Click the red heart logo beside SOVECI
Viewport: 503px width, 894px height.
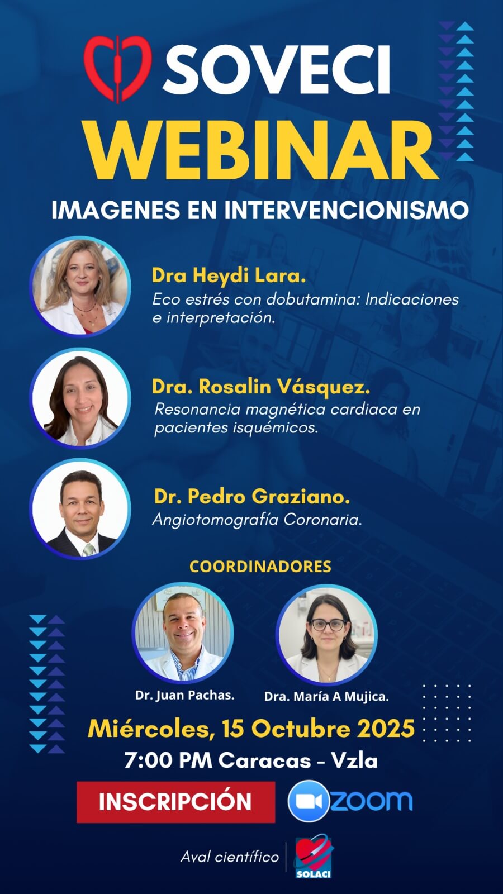(x=118, y=69)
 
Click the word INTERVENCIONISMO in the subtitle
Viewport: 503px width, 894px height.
(x=346, y=210)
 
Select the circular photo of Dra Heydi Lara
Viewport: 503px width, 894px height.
(x=80, y=287)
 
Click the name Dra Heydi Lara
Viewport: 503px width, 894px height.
(x=229, y=276)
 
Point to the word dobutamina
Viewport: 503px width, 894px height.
(x=312, y=299)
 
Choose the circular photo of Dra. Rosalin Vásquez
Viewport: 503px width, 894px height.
(x=80, y=398)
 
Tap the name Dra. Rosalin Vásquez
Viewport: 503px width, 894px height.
(x=260, y=386)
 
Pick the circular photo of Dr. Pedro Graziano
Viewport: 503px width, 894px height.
(x=80, y=509)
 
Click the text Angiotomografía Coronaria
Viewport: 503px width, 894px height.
(x=257, y=520)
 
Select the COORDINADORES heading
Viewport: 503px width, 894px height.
(x=260, y=567)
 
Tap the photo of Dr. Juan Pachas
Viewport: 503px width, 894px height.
(x=183, y=633)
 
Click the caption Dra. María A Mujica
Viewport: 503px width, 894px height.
(x=326, y=696)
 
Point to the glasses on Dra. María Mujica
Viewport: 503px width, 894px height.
(x=328, y=625)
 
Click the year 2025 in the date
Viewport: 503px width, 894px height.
(x=386, y=729)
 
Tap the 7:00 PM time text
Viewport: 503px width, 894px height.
(x=168, y=760)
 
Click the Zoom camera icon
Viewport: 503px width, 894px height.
(x=309, y=801)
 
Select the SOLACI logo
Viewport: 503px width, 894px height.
(x=314, y=857)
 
